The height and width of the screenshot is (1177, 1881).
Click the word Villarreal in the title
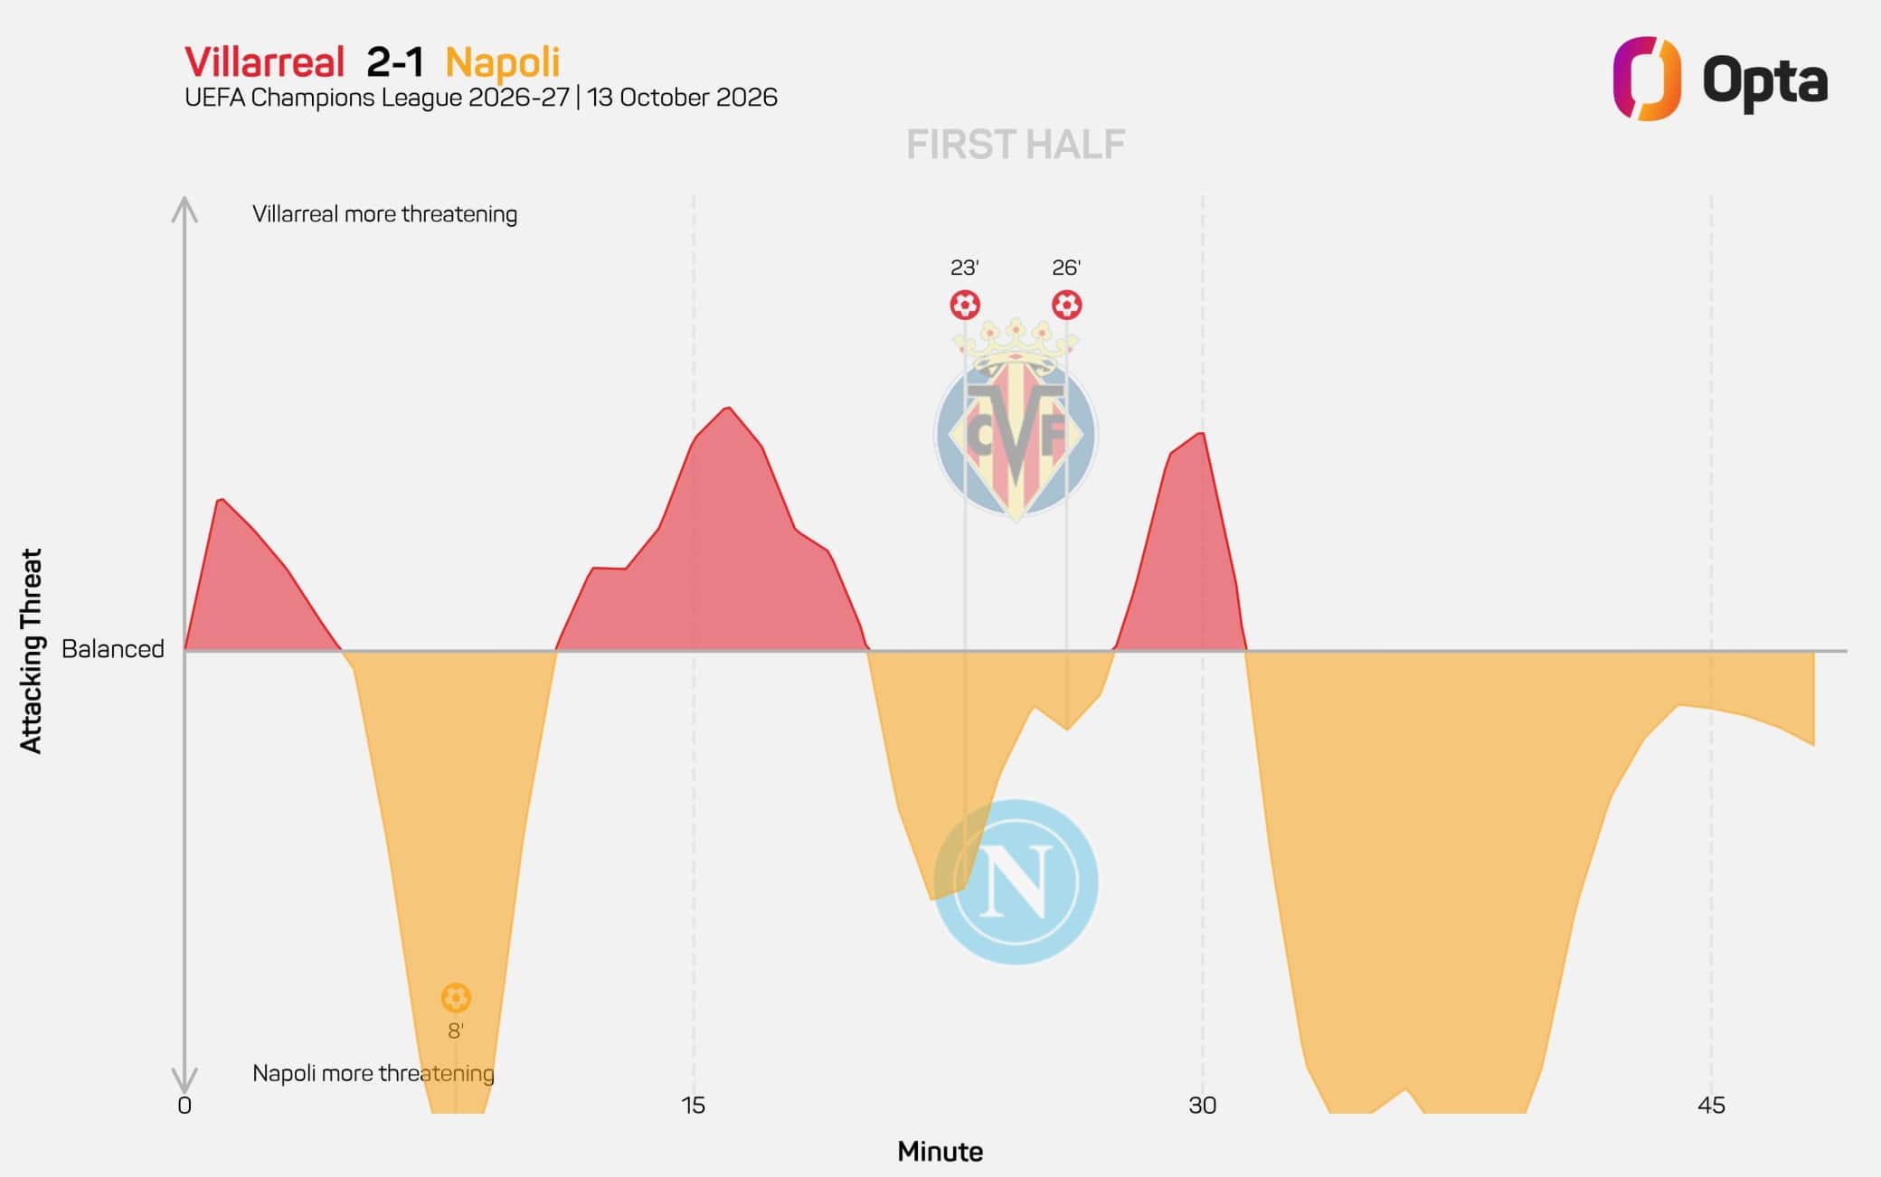pos(264,62)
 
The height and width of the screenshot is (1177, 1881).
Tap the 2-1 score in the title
pos(395,62)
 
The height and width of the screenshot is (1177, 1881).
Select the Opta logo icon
pos(1647,78)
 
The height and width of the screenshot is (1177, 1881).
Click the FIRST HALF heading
pos(1016,145)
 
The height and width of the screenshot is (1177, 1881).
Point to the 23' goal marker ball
pos(965,305)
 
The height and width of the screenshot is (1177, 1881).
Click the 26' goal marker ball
pos(1066,305)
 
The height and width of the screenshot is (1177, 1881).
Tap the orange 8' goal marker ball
pos(456,998)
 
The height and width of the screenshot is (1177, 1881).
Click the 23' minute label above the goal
pos(965,268)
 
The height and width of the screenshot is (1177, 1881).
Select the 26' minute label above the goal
pos(1066,268)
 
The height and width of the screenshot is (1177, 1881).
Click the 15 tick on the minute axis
pos(693,1106)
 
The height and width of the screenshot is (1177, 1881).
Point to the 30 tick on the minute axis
pos(1203,1106)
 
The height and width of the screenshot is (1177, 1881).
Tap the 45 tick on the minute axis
pos(1711,1106)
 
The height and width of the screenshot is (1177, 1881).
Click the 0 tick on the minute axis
pos(184,1106)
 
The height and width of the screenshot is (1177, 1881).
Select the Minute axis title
pos(940,1152)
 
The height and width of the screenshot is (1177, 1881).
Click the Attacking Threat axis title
pos(32,651)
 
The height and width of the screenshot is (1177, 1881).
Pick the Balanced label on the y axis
pos(113,649)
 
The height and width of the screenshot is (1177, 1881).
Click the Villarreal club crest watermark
pos(1016,420)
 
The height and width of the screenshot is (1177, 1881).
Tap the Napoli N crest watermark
pos(1016,881)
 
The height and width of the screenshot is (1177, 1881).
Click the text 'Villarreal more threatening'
pos(385,214)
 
